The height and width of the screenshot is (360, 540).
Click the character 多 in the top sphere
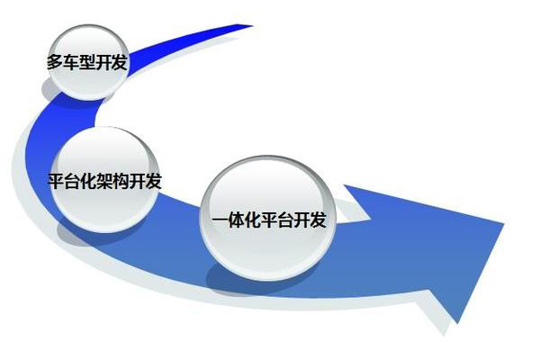55,62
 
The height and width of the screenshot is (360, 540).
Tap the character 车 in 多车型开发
71,62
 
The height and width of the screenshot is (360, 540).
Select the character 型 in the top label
87,62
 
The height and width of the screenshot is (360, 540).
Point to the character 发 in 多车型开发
119,62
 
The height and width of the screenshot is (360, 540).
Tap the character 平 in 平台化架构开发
56,181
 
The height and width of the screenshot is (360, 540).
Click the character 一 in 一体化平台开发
220,220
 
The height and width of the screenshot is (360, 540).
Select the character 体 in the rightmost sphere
236,220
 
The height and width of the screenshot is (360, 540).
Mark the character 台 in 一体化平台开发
285,220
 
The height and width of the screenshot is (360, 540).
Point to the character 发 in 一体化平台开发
318,220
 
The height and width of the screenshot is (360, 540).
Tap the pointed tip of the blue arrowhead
504,224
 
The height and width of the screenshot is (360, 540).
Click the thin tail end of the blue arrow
252,25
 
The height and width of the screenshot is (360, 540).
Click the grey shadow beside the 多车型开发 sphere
49,89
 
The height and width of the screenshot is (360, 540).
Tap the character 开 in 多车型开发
103,62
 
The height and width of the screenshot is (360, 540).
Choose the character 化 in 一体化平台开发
253,220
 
